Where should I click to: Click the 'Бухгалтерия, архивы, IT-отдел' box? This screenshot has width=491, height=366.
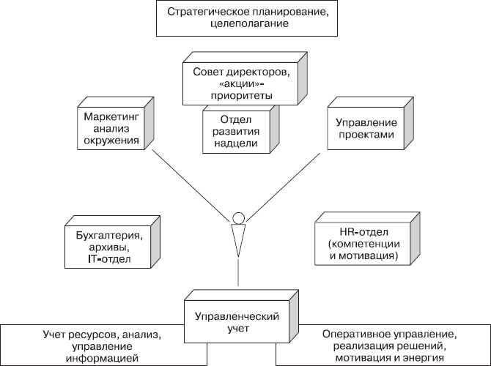point(108,246)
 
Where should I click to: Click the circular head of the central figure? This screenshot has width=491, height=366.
point(237,217)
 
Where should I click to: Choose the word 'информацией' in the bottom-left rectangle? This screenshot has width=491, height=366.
point(103,359)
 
